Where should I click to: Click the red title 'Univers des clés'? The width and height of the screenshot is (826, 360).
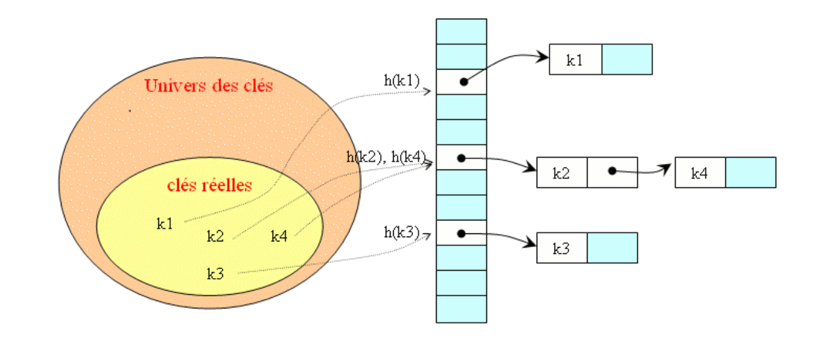(209, 86)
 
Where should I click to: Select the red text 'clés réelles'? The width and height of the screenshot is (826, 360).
(209, 185)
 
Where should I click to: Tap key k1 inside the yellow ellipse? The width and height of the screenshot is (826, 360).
(165, 224)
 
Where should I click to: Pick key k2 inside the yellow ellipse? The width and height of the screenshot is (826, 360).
(215, 236)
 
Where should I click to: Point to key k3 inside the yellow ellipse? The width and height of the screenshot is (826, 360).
(215, 273)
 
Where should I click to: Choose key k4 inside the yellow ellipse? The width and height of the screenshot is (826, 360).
(279, 236)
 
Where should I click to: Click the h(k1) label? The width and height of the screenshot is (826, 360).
(402, 80)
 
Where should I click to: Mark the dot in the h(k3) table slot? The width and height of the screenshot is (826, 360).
(461, 233)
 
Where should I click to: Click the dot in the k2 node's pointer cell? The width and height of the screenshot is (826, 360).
(612, 170)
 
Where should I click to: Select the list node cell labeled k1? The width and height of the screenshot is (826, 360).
(575, 60)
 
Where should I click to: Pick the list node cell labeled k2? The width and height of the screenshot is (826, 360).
(561, 173)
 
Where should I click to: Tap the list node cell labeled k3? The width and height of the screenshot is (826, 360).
(561, 248)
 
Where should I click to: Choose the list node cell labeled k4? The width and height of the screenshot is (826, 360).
(700, 173)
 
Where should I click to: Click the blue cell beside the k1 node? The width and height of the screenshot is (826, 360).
(627, 60)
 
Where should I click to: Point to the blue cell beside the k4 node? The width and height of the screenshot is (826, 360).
(750, 173)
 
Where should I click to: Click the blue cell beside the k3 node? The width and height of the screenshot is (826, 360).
(612, 248)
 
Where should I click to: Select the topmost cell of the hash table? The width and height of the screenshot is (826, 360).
(461, 31)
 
